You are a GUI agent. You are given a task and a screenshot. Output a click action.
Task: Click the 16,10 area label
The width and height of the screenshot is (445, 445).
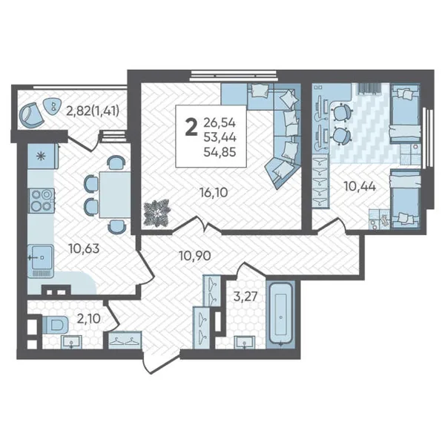(214, 193)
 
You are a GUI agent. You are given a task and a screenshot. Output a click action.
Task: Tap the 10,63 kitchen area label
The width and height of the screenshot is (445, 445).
(84, 249)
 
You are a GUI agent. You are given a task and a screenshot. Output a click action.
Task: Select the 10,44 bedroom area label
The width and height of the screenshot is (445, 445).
(360, 186)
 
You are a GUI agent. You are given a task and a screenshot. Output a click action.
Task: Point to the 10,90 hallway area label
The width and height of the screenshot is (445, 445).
(195, 256)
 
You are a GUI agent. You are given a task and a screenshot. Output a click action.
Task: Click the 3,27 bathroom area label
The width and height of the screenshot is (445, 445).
(245, 297)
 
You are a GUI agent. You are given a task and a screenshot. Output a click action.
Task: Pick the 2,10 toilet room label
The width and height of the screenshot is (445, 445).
(89, 319)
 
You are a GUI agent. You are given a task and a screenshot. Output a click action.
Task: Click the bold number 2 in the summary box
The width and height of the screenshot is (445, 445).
(191, 128)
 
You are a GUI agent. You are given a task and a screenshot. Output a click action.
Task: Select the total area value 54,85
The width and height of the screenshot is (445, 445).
(220, 152)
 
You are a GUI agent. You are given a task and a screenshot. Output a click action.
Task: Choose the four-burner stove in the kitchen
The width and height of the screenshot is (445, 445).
(42, 200)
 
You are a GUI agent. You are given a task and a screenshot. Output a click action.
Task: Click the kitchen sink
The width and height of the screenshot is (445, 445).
(41, 261)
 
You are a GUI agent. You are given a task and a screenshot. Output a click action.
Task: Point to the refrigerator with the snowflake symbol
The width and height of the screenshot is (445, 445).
(42, 156)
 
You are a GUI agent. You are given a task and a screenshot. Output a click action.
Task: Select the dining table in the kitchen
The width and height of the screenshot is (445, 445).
(115, 194)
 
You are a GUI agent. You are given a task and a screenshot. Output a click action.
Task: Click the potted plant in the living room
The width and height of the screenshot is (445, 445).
(157, 213)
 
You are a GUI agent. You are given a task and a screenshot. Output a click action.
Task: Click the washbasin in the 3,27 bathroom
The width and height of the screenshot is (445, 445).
(244, 342)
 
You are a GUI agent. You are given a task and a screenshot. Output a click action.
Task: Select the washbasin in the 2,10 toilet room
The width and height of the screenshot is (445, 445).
(71, 342)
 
